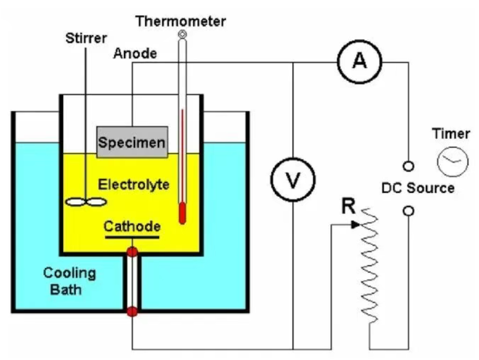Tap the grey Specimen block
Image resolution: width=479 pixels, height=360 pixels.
pos(132,142)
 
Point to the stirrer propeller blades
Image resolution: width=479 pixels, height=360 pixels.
pos(87,202)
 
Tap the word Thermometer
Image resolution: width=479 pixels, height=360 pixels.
pos(181,22)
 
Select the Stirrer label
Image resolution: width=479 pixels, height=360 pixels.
pos(87,39)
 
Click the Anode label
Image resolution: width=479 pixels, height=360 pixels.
pos(135,53)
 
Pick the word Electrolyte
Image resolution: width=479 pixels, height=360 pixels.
pos(133,185)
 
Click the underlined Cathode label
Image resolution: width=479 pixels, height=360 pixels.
pos(132,227)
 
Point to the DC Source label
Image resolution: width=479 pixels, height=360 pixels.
pos(418,188)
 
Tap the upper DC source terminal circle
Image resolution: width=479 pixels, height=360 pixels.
pos(409,166)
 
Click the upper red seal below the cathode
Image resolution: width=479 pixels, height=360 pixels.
pos(133,252)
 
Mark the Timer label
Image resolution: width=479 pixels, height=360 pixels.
pos(451,133)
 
